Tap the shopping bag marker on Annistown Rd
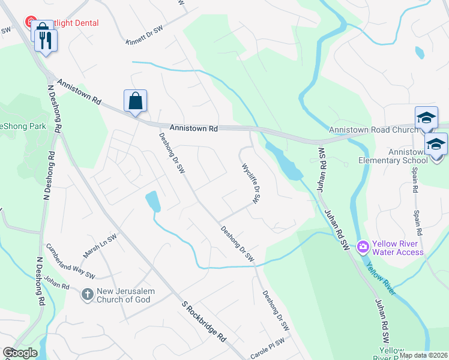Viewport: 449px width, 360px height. click(135, 100)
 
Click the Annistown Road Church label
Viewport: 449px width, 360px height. click(373, 130)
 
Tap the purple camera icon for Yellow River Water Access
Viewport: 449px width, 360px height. click(363, 247)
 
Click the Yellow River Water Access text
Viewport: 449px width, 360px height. click(398, 248)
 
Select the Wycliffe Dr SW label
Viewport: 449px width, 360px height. click(250, 182)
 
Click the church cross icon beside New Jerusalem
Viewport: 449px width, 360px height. click(87, 295)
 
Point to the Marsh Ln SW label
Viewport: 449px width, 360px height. click(100, 246)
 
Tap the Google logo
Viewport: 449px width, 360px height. click(20, 353)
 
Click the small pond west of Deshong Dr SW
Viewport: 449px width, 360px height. click(153, 201)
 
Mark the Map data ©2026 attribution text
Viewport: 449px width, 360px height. click(423, 355)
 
